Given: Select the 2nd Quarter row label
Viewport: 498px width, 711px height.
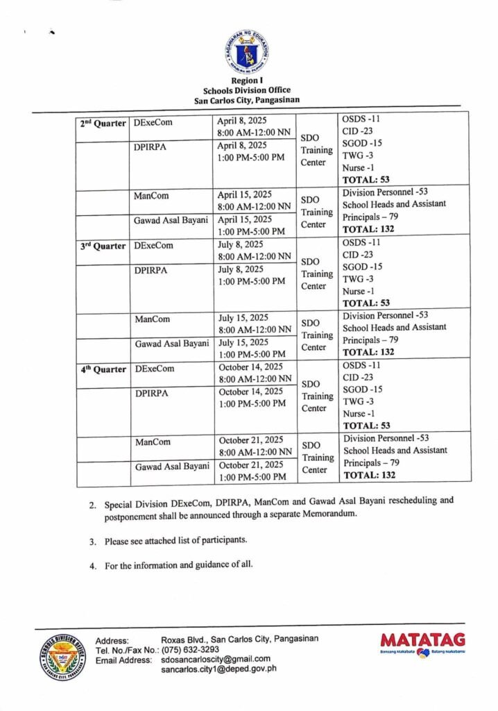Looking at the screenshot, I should pos(102,123).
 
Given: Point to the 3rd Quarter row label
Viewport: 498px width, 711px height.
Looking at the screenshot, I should pos(102,246).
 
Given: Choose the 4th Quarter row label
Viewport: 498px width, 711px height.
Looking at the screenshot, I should pos(102,369).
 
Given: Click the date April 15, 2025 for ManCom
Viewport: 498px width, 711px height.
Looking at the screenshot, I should pos(243,195).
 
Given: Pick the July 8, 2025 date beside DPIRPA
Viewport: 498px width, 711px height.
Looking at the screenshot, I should pos(240,269).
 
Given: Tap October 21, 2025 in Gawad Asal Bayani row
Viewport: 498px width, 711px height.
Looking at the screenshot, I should pos(250,465).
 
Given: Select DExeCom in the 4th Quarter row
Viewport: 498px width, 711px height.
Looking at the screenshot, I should pos(155,368).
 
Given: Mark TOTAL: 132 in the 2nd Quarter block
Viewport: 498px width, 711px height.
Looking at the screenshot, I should pos(370,229).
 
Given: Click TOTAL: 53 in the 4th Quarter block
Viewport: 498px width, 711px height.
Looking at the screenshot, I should pos(367,426).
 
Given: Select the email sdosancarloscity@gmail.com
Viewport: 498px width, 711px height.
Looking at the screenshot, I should pos(215,659).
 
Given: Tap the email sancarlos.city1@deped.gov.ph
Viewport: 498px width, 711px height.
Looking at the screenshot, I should pos(218,669).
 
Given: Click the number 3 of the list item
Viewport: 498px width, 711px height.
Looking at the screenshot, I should pos(92,540).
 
